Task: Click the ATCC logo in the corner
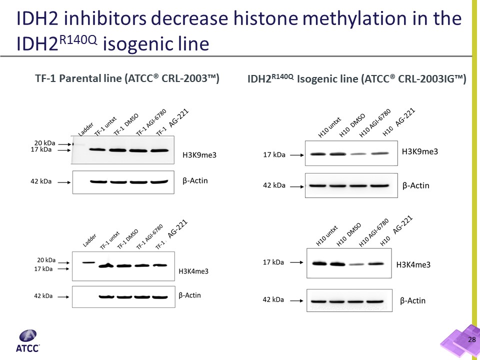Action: pos(30,341)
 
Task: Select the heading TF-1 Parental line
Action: pos(127,78)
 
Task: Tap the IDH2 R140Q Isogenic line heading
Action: pos(356,78)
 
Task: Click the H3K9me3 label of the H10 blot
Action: pos(420,151)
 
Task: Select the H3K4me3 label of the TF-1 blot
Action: pos(193,271)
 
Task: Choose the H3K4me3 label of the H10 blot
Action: pos(413,264)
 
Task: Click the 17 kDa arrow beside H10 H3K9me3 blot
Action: pos(295,155)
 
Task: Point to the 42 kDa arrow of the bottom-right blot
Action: pos(296,299)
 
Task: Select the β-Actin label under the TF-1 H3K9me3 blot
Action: pos(195,180)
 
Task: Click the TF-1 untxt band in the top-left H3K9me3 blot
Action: pos(98,149)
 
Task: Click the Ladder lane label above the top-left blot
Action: pos(85,129)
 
